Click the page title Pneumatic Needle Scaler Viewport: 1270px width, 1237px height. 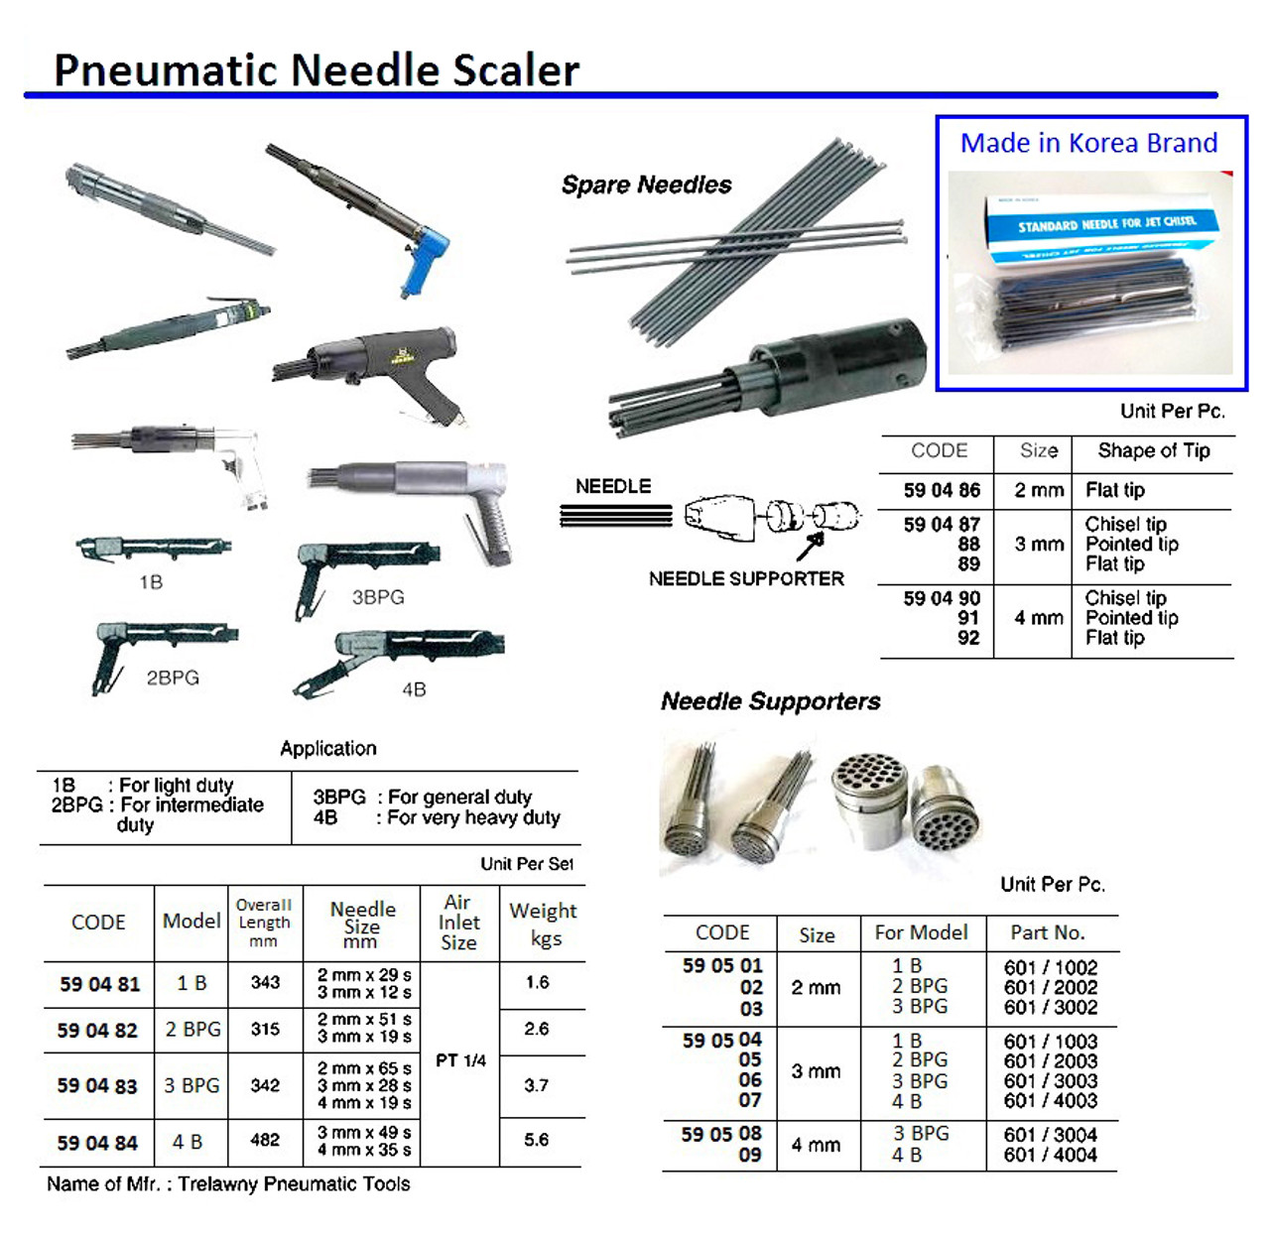tap(316, 69)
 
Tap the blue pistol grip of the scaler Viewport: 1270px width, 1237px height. tap(425, 260)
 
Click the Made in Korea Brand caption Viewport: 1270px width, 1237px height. tap(1088, 143)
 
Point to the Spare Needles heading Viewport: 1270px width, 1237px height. tap(646, 185)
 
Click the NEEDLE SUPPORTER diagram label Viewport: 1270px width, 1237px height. tap(746, 578)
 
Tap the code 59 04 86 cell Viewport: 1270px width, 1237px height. tap(941, 490)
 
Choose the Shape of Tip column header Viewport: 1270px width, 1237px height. tap(1153, 450)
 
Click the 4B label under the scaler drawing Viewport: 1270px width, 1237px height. tap(414, 689)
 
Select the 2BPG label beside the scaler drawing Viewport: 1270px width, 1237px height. tap(173, 678)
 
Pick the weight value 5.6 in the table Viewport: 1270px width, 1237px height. tap(537, 1140)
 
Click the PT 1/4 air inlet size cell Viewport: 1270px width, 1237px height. tap(460, 1060)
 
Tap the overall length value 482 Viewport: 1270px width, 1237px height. tap(265, 1140)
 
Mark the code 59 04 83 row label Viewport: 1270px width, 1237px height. tap(97, 1086)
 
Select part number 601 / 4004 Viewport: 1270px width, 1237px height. tap(1050, 1155)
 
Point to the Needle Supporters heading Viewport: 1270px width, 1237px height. tap(770, 701)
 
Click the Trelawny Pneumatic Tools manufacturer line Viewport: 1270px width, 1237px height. tap(228, 1183)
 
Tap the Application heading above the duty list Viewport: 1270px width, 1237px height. tap(327, 748)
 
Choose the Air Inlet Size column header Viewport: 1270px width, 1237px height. tap(458, 922)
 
